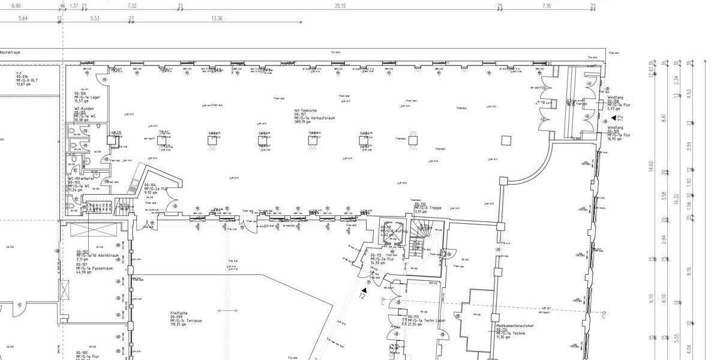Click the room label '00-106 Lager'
tap(87, 98)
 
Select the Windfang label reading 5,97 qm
tap(619, 103)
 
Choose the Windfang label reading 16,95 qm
tap(619, 133)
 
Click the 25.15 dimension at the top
tap(340, 5)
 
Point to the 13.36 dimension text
tap(217, 19)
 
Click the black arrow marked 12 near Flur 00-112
tap(363, 290)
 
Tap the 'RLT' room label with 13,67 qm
tap(23, 79)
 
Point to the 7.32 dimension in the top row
tap(132, 5)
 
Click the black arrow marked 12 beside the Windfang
tap(621, 116)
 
